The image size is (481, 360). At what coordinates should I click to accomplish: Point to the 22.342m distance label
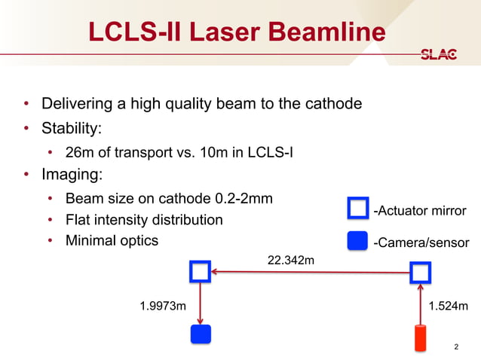tap(290, 261)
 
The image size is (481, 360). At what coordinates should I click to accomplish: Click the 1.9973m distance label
tap(163, 306)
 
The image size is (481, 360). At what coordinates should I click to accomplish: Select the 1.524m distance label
tap(449, 306)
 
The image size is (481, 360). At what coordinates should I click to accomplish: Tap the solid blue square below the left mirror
tap(200, 334)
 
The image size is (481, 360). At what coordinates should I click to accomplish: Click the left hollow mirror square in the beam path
tap(200, 272)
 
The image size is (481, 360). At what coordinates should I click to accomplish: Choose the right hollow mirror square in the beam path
tap(421, 273)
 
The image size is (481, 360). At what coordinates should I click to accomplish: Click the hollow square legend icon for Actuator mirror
tap(357, 209)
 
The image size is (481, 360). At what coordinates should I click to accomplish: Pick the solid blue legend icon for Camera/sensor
tap(357, 241)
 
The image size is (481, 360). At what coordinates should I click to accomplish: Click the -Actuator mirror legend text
tap(420, 210)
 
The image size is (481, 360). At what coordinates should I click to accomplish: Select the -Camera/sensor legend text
tap(421, 243)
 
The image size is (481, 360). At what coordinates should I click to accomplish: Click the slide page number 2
tap(456, 346)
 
